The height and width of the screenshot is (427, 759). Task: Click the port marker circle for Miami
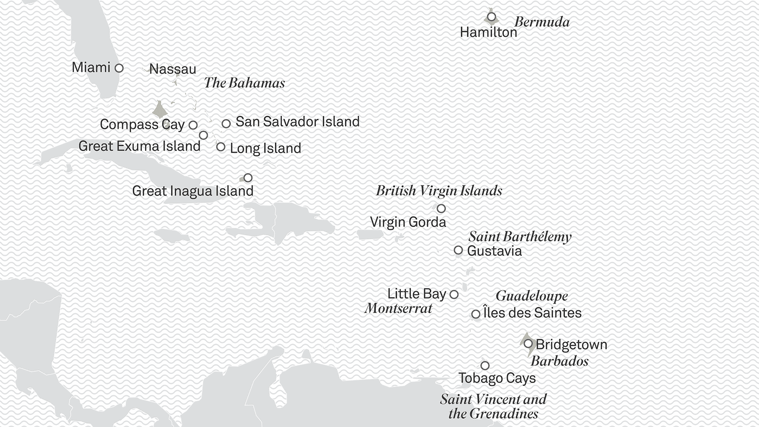point(119,68)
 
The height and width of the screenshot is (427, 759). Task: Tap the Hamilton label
point(488,32)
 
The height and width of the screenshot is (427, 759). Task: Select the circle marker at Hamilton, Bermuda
point(491,17)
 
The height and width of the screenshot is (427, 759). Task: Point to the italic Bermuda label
point(542,22)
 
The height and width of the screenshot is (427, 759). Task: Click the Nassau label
point(173,69)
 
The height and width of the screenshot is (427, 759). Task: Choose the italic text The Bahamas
point(244,83)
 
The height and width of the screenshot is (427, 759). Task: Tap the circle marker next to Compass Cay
point(193,125)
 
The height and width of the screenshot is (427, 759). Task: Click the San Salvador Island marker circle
point(226,124)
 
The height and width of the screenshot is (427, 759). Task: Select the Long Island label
point(265,148)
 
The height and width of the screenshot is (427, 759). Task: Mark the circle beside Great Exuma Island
point(203,135)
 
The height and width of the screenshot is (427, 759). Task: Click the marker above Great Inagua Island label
point(248,178)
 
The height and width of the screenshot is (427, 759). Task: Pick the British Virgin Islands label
point(439,191)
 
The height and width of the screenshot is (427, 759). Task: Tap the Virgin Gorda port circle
point(441,208)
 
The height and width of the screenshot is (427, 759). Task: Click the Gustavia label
point(494,251)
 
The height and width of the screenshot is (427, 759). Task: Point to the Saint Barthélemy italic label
point(520,237)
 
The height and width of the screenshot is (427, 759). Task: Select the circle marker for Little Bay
point(454,295)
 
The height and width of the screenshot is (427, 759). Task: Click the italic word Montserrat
point(398,308)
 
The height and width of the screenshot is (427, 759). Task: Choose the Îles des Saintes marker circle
point(476,314)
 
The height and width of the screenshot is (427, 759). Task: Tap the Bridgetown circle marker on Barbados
point(528,344)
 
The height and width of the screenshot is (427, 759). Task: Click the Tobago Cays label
point(497,378)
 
